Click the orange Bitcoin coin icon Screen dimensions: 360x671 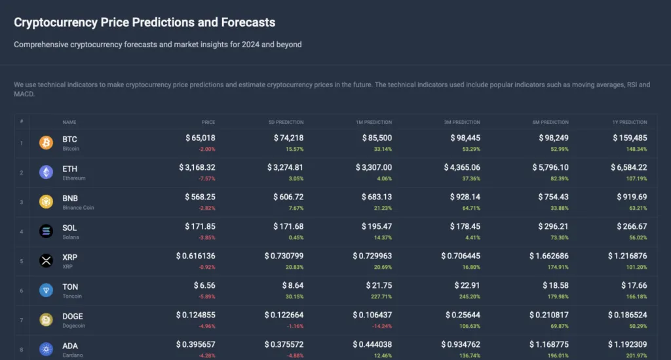(x=46, y=143)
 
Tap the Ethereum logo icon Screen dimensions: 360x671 (x=46, y=172)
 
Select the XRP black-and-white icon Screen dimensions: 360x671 (x=46, y=261)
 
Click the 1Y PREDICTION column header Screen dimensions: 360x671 (x=629, y=122)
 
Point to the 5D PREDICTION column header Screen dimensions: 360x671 (x=286, y=122)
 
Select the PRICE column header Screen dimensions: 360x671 (x=208, y=122)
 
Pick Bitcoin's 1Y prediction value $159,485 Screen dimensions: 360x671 (x=630, y=138)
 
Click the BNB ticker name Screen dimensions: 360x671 (x=70, y=198)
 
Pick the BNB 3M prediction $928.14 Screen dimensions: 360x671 (x=465, y=197)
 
